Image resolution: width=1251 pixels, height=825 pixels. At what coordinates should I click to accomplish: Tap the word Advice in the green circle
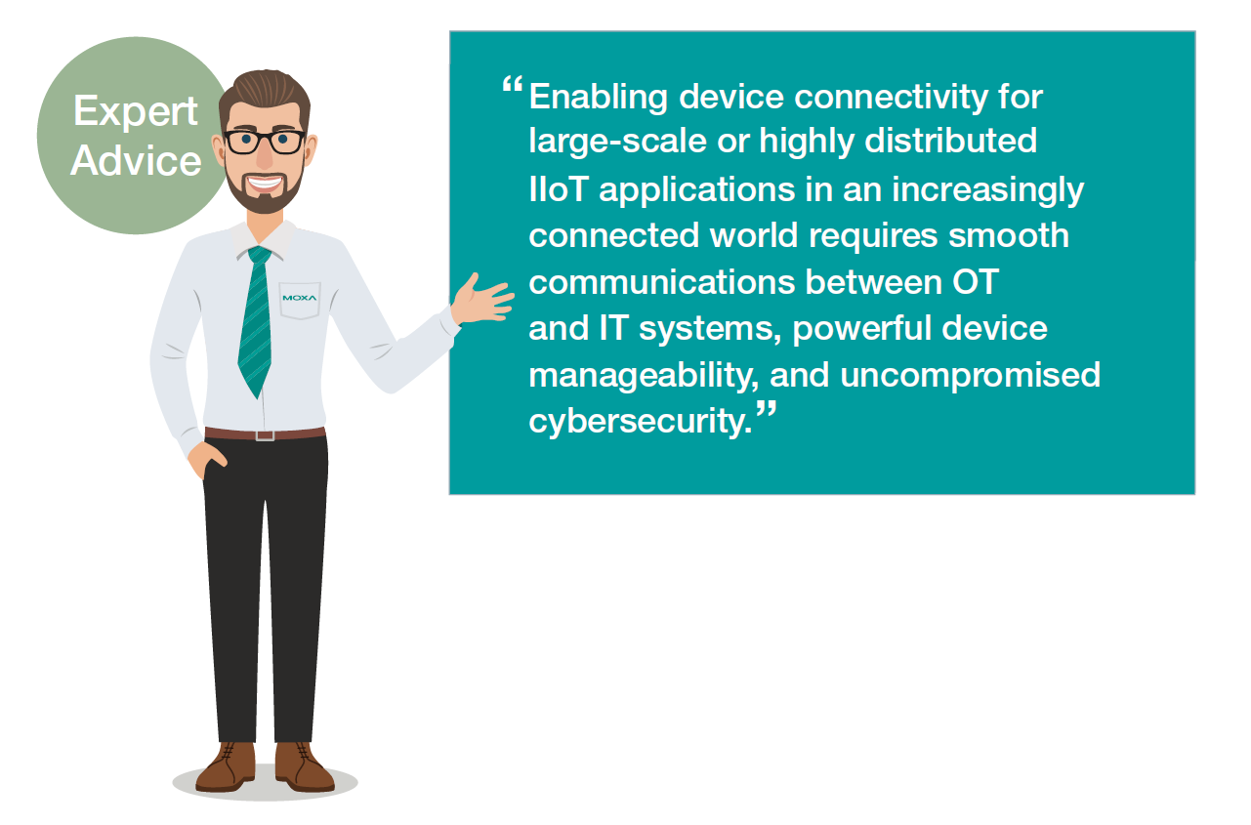(x=136, y=161)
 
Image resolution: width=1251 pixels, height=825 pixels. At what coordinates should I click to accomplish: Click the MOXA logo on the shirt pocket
(x=300, y=298)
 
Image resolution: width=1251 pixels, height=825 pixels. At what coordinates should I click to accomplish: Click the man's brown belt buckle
(x=265, y=434)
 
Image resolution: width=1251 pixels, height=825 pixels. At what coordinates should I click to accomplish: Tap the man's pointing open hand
(x=482, y=299)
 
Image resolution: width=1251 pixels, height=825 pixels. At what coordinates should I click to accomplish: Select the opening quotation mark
(x=512, y=85)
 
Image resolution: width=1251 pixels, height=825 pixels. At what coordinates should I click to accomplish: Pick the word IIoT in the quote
(x=558, y=189)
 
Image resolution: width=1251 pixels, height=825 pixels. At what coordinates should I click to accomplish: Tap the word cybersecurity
(x=641, y=422)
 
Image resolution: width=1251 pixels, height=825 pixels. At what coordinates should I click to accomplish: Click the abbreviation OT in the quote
(x=975, y=282)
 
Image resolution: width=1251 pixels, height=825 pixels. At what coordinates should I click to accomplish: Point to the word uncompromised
(x=970, y=376)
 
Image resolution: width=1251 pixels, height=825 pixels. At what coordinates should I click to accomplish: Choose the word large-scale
(x=617, y=142)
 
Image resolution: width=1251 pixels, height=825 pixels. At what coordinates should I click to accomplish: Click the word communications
(x=662, y=282)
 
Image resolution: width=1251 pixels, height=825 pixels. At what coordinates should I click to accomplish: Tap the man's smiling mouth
(x=265, y=184)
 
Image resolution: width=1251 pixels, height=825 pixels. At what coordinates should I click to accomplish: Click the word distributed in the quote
(x=950, y=141)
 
